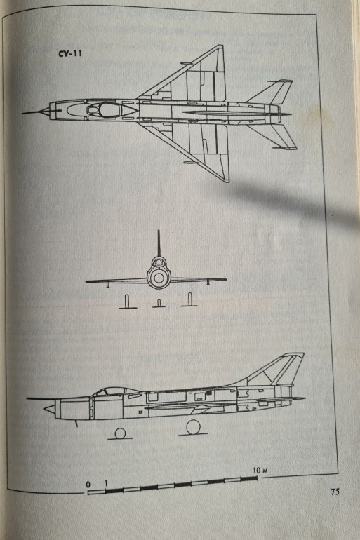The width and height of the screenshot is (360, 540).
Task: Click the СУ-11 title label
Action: pyautogui.click(x=70, y=54)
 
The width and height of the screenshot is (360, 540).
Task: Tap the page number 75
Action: pyautogui.click(x=335, y=492)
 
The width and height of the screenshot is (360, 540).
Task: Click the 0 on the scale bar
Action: pyautogui.click(x=88, y=485)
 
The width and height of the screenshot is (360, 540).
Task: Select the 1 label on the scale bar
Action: pyautogui.click(x=106, y=483)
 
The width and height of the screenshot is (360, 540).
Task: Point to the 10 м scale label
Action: pyautogui.click(x=260, y=470)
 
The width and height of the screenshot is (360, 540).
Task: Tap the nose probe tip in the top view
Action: pyautogui.click(x=23, y=113)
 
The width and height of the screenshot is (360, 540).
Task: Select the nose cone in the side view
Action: pyautogui.click(x=49, y=408)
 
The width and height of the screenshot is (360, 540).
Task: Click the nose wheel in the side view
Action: pyautogui.click(x=120, y=433)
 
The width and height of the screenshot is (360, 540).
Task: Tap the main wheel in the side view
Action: pyautogui.click(x=193, y=427)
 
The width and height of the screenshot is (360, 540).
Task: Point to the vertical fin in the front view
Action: pyautogui.click(x=159, y=244)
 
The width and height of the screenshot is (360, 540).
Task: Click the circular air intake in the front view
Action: pyautogui.click(x=159, y=277)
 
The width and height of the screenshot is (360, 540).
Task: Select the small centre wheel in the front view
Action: pyautogui.click(x=159, y=303)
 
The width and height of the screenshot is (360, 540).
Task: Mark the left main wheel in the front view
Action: pyautogui.click(x=127, y=301)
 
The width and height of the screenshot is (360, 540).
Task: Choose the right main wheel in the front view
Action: pyautogui.click(x=189, y=299)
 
